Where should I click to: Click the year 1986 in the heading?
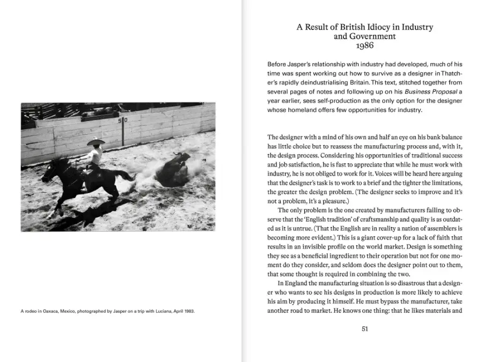click(x=364, y=46)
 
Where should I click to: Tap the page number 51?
click(x=365, y=329)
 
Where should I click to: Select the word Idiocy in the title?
click(x=382, y=27)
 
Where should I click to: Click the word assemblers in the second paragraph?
click(x=441, y=228)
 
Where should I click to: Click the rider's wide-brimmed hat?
click(x=97, y=142)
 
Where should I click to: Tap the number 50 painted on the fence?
click(x=123, y=121)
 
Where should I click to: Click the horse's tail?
click(x=125, y=175)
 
